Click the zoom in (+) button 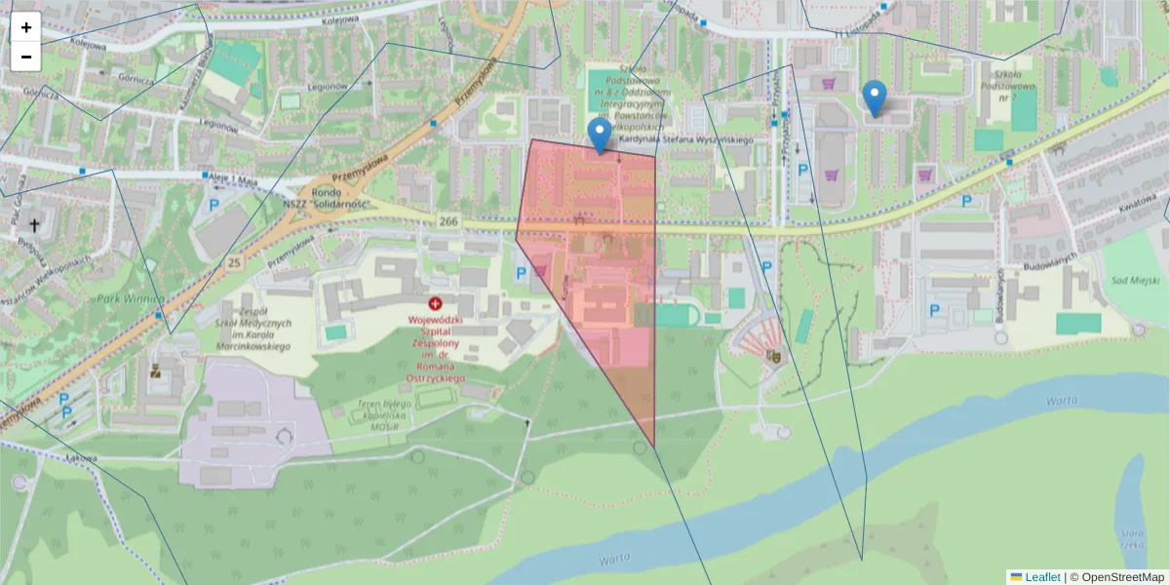[x=26, y=27]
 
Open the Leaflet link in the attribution [x=1042, y=577]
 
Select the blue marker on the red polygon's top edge [x=600, y=136]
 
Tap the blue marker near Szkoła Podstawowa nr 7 [x=876, y=97]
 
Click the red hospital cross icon [x=435, y=304]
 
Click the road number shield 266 [x=448, y=221]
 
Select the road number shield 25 [x=234, y=263]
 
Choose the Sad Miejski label [x=1130, y=281]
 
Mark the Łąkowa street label [x=81, y=457]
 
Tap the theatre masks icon [x=773, y=358]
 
